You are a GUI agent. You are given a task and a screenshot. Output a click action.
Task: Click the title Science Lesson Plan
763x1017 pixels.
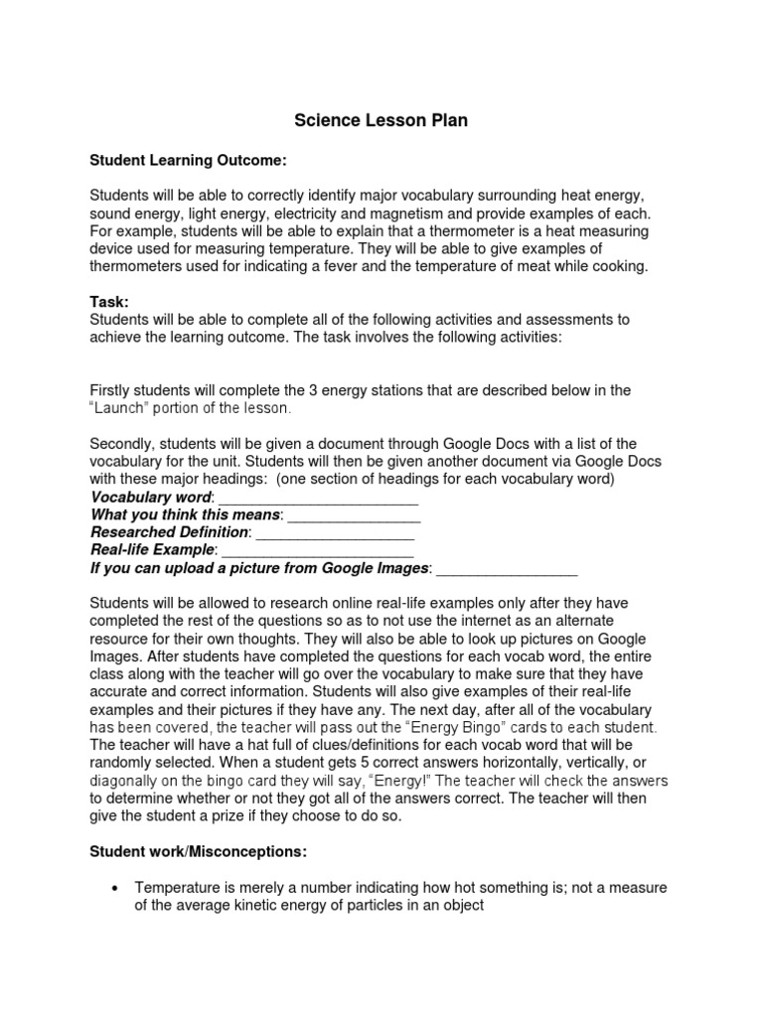point(381,121)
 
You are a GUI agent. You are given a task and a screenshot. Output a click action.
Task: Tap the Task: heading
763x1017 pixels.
point(109,301)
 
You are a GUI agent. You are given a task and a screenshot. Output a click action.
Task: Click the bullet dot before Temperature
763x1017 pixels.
point(118,888)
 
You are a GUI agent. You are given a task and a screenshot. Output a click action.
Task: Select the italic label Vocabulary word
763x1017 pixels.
point(151,497)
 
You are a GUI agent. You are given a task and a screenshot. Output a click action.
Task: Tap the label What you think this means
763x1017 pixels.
point(187,514)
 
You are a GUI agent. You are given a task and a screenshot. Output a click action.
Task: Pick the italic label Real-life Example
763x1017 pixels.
point(152,550)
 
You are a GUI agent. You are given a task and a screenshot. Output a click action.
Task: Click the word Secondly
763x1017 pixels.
point(122,443)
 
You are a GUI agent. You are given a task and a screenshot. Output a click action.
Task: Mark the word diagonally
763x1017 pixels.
point(126,781)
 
